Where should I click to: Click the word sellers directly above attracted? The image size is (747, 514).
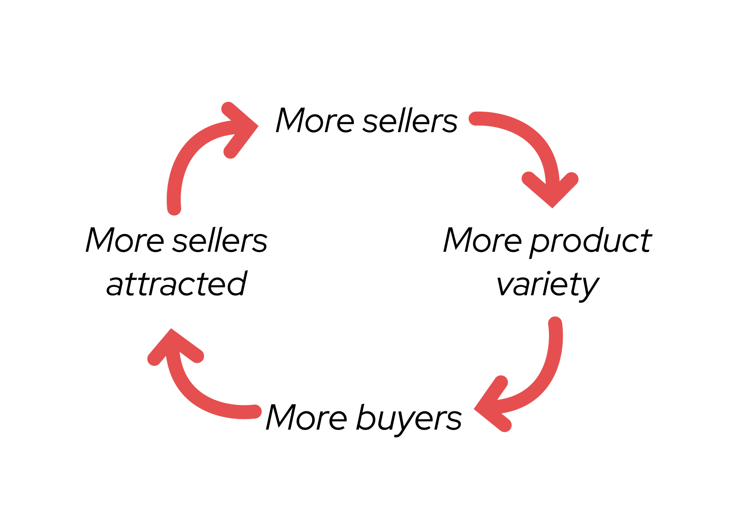click(220, 241)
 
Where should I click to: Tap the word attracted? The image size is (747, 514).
click(176, 284)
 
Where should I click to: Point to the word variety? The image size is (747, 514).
click(547, 285)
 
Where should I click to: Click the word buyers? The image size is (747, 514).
click(408, 419)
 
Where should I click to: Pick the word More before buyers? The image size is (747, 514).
click(307, 418)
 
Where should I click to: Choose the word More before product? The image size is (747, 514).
click(482, 241)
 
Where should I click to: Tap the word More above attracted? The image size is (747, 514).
click(124, 241)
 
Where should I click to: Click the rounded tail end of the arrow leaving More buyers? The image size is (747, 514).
click(255, 411)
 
